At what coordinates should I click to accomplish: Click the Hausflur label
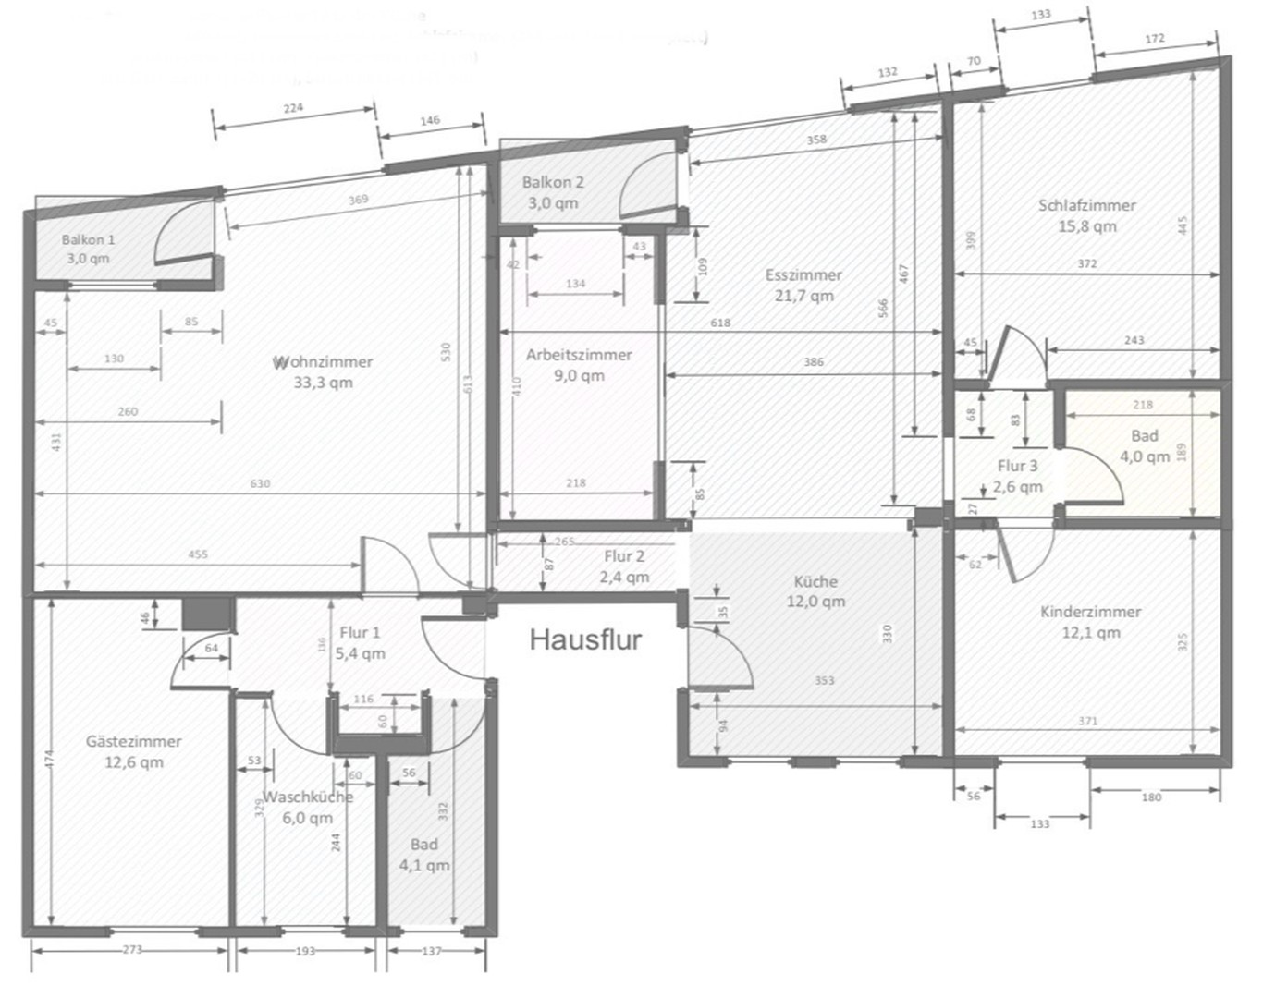coord(585,639)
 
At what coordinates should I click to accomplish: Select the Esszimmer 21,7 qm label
coord(803,286)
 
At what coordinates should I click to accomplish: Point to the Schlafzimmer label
coord(1086,206)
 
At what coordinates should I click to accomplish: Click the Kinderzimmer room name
coord(1090,612)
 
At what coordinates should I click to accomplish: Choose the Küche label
coord(815,582)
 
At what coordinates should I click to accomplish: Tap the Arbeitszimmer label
coord(579,355)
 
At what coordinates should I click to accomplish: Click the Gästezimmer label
coord(133,742)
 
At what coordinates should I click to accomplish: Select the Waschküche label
coord(308,797)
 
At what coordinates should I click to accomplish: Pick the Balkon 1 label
coord(88,240)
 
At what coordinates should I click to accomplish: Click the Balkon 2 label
coord(553,183)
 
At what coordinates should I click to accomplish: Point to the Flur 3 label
coord(1017,467)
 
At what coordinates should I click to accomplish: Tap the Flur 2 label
coord(624,557)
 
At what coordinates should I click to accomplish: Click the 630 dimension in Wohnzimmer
coord(260,483)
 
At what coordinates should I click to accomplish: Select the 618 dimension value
coord(720,323)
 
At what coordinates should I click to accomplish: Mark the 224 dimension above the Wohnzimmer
coord(292,108)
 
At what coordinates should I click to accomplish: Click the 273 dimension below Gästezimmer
coord(131,950)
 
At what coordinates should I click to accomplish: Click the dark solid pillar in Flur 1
coord(205,615)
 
